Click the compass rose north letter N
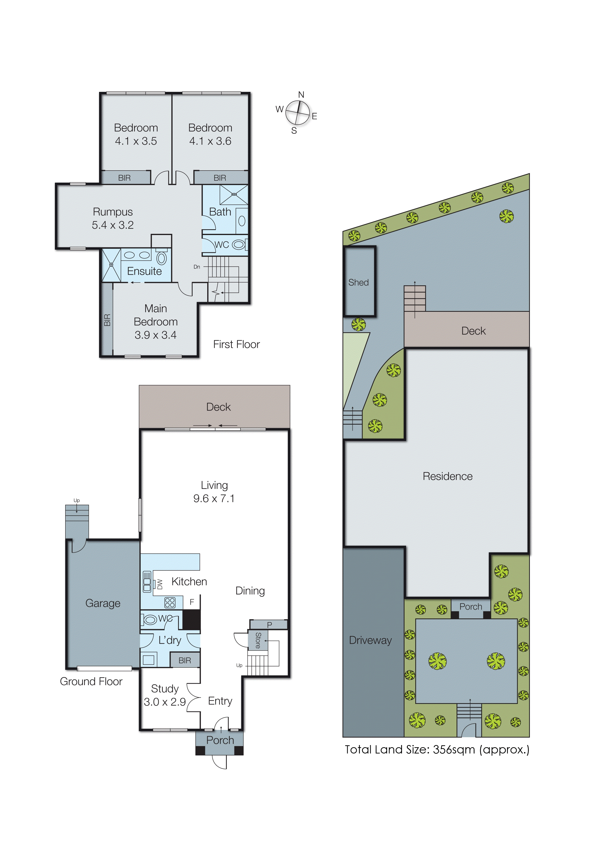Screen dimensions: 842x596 (301, 95)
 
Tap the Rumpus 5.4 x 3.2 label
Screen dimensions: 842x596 (113, 218)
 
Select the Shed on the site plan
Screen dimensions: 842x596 (358, 282)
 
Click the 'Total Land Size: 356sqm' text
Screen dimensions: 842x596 (437, 749)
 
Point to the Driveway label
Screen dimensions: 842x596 (370, 640)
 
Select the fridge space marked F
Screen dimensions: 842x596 (192, 602)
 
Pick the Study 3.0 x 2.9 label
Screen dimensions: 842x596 (165, 695)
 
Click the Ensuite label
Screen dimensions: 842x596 (144, 271)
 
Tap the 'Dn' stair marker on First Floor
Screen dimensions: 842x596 (197, 267)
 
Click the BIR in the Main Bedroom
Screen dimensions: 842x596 (107, 320)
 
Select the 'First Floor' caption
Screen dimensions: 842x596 (236, 344)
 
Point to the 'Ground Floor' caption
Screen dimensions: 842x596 (91, 681)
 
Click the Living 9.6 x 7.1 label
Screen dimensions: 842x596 (214, 492)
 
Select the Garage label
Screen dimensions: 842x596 (103, 603)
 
